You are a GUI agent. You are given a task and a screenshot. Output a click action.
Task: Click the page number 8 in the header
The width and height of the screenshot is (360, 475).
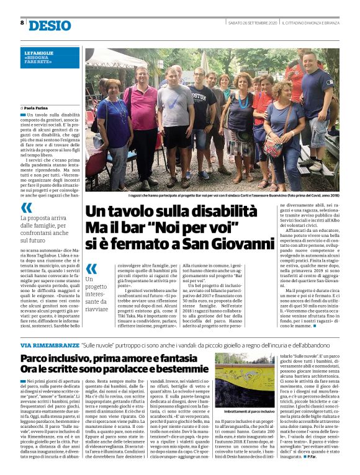(x=22, y=23)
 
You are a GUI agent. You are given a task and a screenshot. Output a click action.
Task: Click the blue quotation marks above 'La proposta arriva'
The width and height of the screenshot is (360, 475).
(x=26, y=208)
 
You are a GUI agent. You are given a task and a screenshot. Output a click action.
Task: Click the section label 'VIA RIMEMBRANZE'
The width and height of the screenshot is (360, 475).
(x=42, y=344)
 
